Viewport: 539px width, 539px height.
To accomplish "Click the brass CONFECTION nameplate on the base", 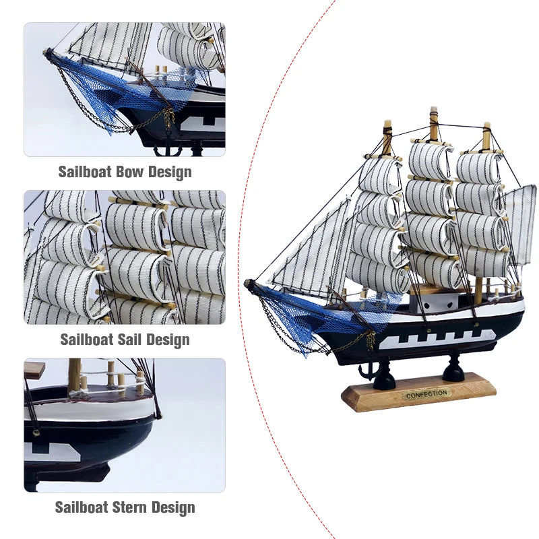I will [x=426, y=393].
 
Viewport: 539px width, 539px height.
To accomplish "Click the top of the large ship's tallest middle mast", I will [x=434, y=112].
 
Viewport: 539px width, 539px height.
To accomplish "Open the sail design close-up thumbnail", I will [x=125, y=257].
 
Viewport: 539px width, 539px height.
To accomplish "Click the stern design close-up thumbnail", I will [x=125, y=424].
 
